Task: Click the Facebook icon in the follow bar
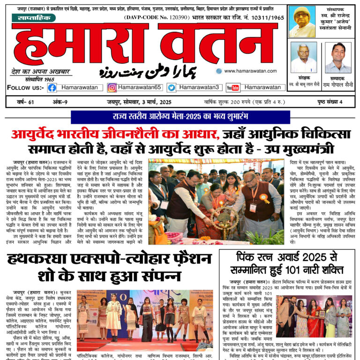click(x=52, y=87)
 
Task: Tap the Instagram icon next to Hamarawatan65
click(x=112, y=87)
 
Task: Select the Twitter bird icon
click(x=172, y=87)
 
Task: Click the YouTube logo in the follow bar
click(x=232, y=87)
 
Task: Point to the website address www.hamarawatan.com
click(x=251, y=71)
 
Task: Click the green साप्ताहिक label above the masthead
click(x=33, y=18)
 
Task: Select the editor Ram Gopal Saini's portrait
click(x=337, y=57)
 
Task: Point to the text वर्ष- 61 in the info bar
click(x=22, y=102)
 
